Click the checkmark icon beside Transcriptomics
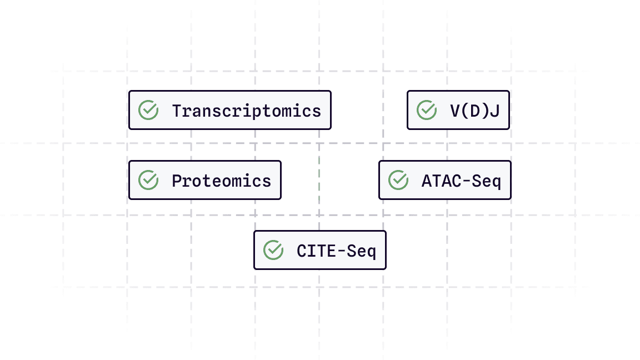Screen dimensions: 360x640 pos(148,110)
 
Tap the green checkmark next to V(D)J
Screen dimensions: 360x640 pos(427,110)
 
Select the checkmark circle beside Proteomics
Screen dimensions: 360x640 pos(148,180)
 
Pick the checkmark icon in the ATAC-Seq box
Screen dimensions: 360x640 pos(398,180)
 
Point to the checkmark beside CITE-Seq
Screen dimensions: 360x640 pos(273,250)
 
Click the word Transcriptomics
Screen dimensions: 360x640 pos(247,111)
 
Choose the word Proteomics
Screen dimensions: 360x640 pos(222,181)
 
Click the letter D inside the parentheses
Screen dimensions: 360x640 pos(475,111)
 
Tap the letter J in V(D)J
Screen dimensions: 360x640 pos(495,111)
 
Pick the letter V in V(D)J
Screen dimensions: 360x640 pos(455,111)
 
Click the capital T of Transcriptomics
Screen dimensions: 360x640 pos(177,111)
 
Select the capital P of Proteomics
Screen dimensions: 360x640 pos(177,181)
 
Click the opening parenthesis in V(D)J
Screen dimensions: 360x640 pos(466,111)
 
